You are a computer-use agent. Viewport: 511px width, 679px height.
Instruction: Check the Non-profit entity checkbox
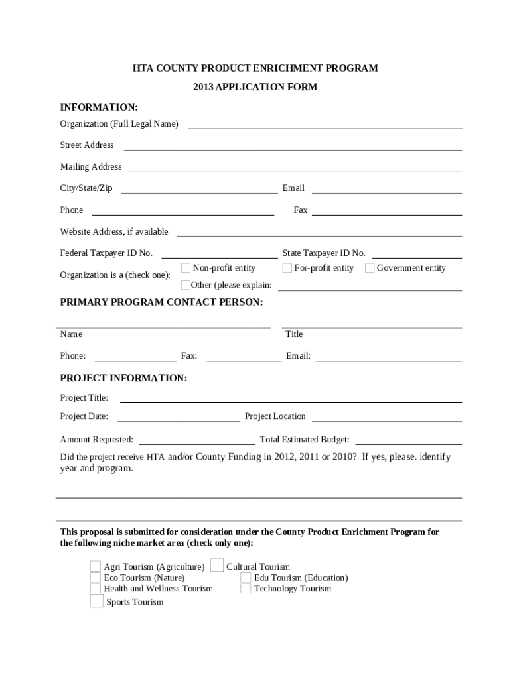186,269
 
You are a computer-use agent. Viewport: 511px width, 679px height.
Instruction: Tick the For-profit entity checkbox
287,269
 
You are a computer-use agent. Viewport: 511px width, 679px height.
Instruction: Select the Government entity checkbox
370,269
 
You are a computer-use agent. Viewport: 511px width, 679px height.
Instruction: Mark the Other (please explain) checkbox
186,286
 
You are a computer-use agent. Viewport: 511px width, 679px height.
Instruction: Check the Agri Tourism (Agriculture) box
96,567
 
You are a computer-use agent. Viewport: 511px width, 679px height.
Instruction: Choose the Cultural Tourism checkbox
216,566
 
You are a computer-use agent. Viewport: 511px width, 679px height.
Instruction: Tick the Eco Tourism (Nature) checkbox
96,578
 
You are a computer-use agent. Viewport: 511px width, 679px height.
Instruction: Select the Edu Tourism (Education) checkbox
246,578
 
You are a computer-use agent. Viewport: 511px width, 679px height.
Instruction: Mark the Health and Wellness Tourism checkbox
96,589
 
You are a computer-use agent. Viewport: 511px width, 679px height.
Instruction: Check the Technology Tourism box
246,589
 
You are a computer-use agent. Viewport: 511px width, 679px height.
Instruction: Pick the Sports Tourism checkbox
97,602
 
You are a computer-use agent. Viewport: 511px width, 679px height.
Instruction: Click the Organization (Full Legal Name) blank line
325,125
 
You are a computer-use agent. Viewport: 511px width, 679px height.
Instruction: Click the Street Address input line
293,147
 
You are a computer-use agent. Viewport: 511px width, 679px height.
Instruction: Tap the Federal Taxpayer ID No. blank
220,254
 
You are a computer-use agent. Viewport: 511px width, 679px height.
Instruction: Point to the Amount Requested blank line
197,440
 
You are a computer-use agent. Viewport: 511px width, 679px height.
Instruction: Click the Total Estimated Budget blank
408,440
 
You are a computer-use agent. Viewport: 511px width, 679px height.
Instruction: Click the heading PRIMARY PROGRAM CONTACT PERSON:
161,302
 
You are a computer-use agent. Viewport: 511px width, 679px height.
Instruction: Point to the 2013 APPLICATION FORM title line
256,87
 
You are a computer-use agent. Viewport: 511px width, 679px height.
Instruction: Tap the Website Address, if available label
114,232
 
